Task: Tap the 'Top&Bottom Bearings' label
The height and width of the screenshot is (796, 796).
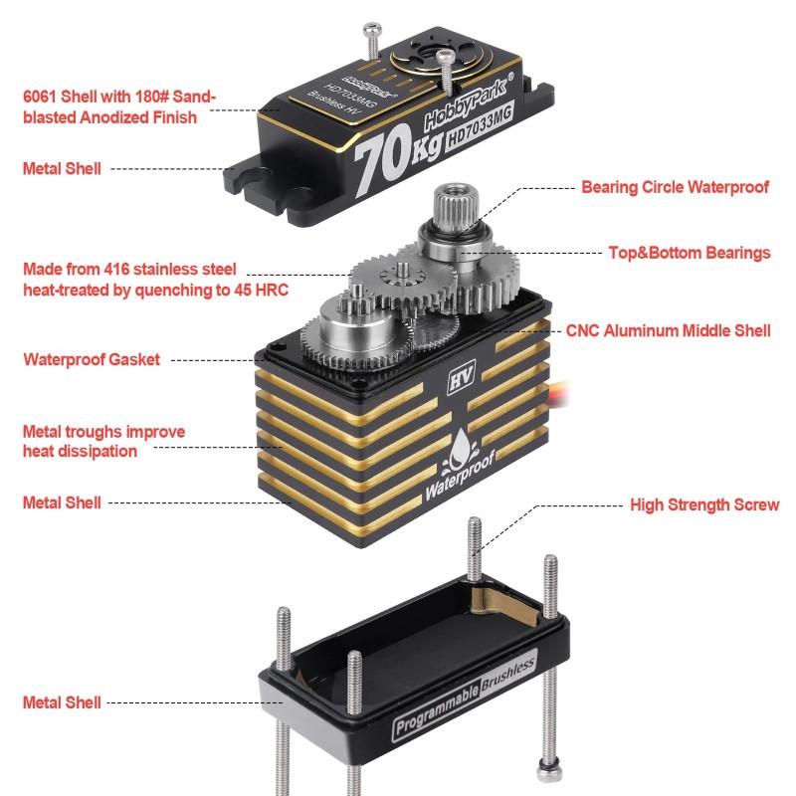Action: click(690, 253)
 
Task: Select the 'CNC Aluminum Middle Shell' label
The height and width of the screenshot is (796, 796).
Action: click(668, 330)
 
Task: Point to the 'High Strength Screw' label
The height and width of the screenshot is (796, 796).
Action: click(704, 505)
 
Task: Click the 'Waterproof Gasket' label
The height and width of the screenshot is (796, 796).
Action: click(92, 360)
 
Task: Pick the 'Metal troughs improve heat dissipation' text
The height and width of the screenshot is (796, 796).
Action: click(103, 442)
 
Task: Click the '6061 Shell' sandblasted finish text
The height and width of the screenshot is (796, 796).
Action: click(119, 107)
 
